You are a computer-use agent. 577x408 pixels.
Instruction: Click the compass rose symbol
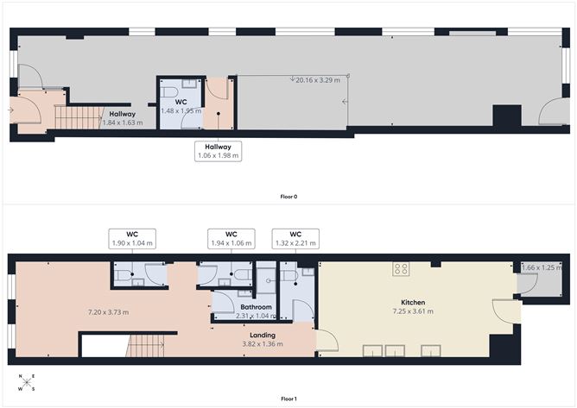(26, 382)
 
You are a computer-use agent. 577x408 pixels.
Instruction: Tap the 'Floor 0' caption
(288, 197)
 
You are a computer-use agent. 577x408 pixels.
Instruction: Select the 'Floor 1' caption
(288, 399)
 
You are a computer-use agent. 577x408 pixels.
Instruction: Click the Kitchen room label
(411, 302)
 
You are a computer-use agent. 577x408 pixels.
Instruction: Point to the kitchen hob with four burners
(401, 268)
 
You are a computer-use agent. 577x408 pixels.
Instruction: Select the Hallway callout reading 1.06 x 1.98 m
(218, 151)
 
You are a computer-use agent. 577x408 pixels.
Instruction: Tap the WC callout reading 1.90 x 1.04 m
(132, 239)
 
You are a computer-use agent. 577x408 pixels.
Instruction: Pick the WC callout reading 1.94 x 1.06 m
(231, 239)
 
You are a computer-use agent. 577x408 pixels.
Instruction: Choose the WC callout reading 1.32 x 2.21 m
(295, 239)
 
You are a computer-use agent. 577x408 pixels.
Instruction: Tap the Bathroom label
(257, 307)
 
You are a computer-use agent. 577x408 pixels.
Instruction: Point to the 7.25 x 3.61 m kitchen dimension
(411, 311)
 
